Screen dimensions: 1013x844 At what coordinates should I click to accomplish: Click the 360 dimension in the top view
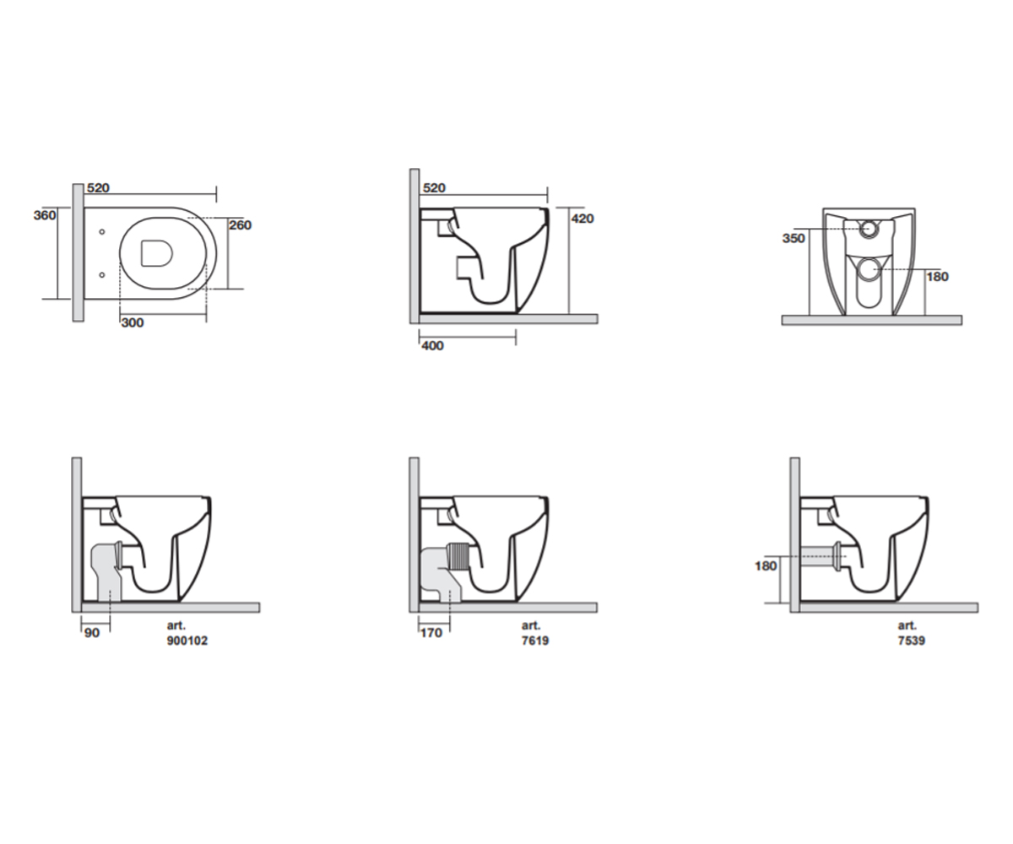click(45, 215)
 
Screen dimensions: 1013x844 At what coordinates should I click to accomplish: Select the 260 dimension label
click(240, 225)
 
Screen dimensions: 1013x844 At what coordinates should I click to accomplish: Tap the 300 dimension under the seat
click(133, 322)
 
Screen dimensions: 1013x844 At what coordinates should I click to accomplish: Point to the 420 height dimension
click(582, 219)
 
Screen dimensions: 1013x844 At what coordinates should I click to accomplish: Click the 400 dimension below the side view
click(432, 345)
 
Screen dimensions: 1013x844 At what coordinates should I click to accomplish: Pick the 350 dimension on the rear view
click(794, 238)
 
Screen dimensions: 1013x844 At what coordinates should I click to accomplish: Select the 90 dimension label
click(92, 633)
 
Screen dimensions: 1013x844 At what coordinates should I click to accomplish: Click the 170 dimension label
click(431, 633)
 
